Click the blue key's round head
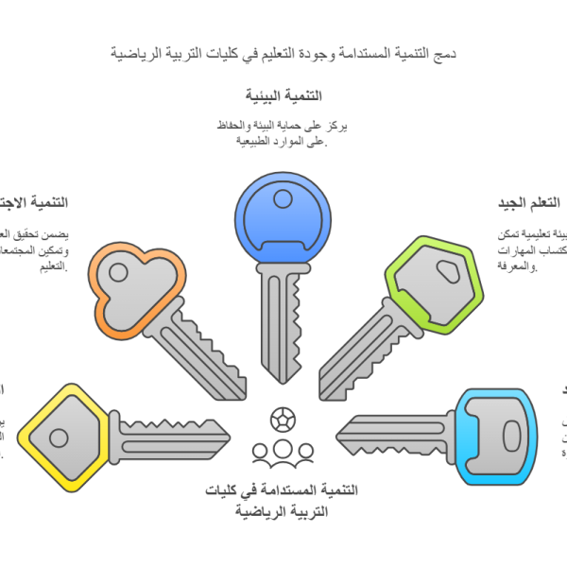[x=283, y=219]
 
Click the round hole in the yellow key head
[x=59, y=438]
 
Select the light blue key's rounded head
[x=495, y=436]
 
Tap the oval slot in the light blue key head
[x=511, y=436]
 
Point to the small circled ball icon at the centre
[x=282, y=417]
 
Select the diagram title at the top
[x=283, y=53]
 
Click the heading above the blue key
[x=283, y=96]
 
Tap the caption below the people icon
[x=283, y=501]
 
